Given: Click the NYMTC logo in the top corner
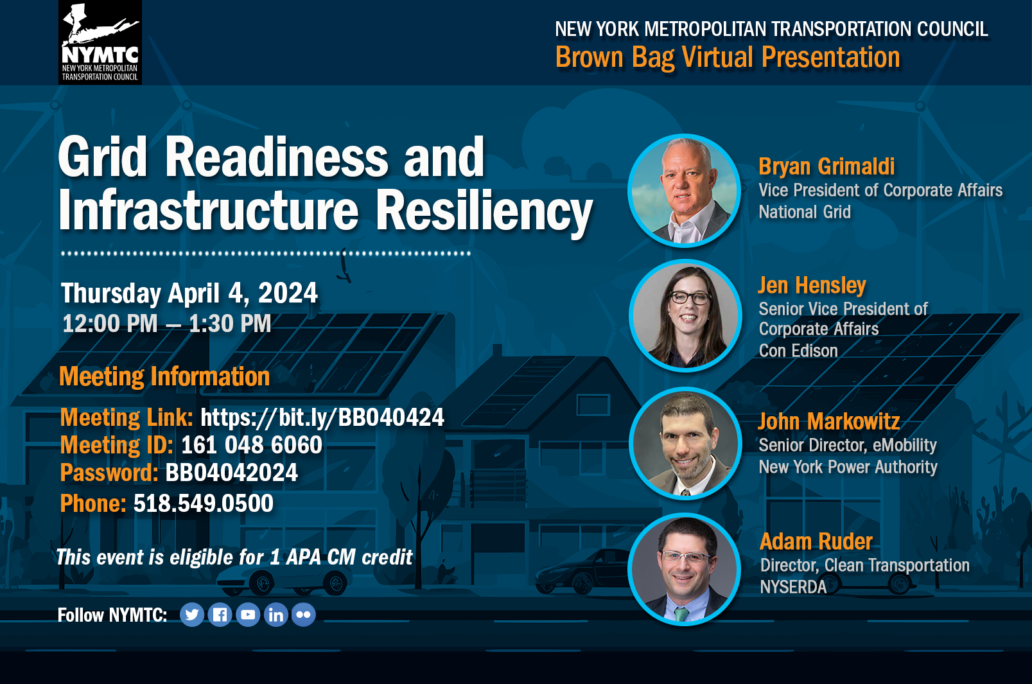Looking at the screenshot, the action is click(x=100, y=42).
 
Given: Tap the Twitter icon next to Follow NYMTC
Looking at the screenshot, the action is click(x=191, y=615).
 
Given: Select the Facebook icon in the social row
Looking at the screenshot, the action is click(x=220, y=615).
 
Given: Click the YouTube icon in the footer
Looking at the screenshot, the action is click(x=248, y=615).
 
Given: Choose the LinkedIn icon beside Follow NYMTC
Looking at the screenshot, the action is click(x=276, y=615).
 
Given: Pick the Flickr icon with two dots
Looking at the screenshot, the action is click(x=304, y=615).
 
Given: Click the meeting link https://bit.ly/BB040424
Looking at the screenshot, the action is click(x=322, y=417).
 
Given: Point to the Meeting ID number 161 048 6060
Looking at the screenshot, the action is click(x=252, y=445).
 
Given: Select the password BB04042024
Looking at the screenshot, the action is click(x=231, y=473).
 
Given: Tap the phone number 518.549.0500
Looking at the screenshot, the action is click(x=203, y=503).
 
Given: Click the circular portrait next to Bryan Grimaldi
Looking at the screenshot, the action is click(x=684, y=190).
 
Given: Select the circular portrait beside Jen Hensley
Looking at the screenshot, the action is click(x=685, y=315).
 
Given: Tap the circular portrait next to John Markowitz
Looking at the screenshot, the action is click(x=685, y=443).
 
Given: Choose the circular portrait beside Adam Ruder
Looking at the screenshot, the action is click(x=684, y=569).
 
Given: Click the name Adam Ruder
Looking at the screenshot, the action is click(x=816, y=541).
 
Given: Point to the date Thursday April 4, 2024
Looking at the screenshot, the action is click(x=189, y=294).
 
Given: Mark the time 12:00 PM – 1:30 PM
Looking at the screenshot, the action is click(x=167, y=323).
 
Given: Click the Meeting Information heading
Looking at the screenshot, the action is click(x=164, y=376).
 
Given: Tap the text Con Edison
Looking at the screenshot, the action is click(x=798, y=351).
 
